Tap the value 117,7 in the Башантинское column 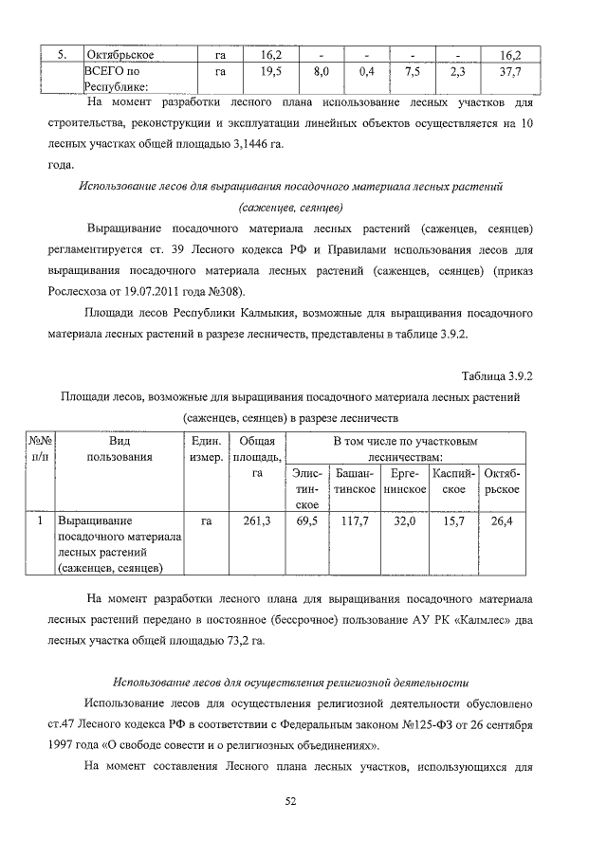(x=354, y=521)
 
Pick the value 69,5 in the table (x=306, y=521)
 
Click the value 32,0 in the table (x=404, y=521)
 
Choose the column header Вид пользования (x=120, y=448)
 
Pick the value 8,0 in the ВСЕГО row (x=321, y=71)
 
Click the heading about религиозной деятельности (x=291, y=682)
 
